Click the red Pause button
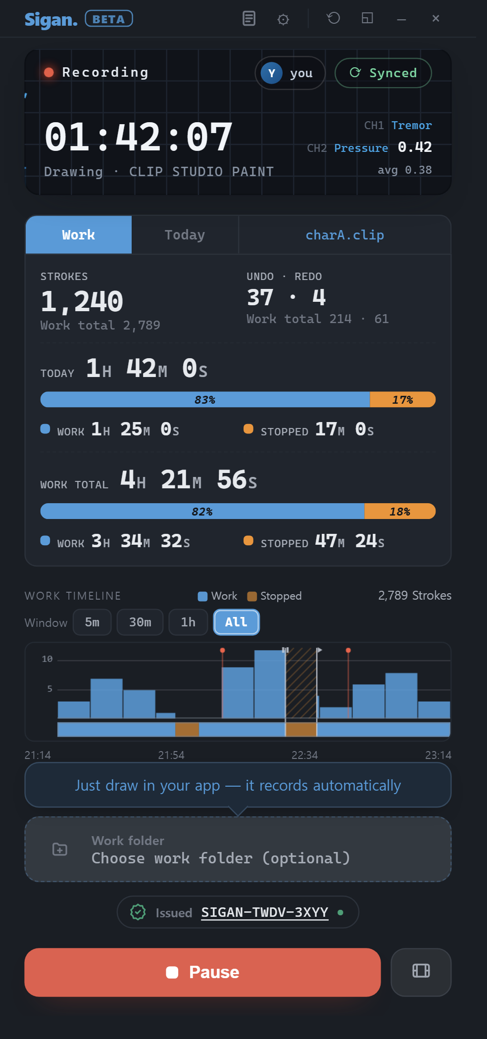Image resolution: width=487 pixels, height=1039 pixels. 202,972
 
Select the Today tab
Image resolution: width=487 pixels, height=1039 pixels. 185,235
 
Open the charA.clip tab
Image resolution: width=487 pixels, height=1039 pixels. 345,235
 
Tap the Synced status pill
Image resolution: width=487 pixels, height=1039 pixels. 383,73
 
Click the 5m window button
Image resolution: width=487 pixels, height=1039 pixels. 92,622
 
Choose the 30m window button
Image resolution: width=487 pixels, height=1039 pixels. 140,622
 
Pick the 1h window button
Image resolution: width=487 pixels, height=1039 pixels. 188,622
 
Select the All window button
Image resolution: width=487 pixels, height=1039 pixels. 236,622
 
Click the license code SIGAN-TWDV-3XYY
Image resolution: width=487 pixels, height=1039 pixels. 265,912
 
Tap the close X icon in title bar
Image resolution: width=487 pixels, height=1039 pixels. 436,18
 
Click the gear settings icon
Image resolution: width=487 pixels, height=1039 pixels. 283,19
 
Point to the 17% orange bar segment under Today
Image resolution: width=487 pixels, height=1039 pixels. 403,399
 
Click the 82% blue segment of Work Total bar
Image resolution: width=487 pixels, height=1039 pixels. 202,511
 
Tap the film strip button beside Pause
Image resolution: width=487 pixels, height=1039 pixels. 421,972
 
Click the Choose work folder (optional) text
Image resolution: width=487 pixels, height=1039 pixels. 221,858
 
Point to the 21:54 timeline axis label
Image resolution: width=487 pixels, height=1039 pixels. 171,755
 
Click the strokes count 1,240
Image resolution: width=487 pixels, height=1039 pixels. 82,301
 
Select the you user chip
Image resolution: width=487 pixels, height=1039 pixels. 290,73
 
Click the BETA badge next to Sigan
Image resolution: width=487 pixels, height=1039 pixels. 109,19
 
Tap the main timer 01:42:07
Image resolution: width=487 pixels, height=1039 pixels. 138,137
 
